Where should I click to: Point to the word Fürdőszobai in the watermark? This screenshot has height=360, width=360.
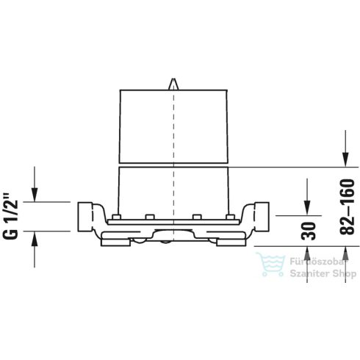pos(314,261)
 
